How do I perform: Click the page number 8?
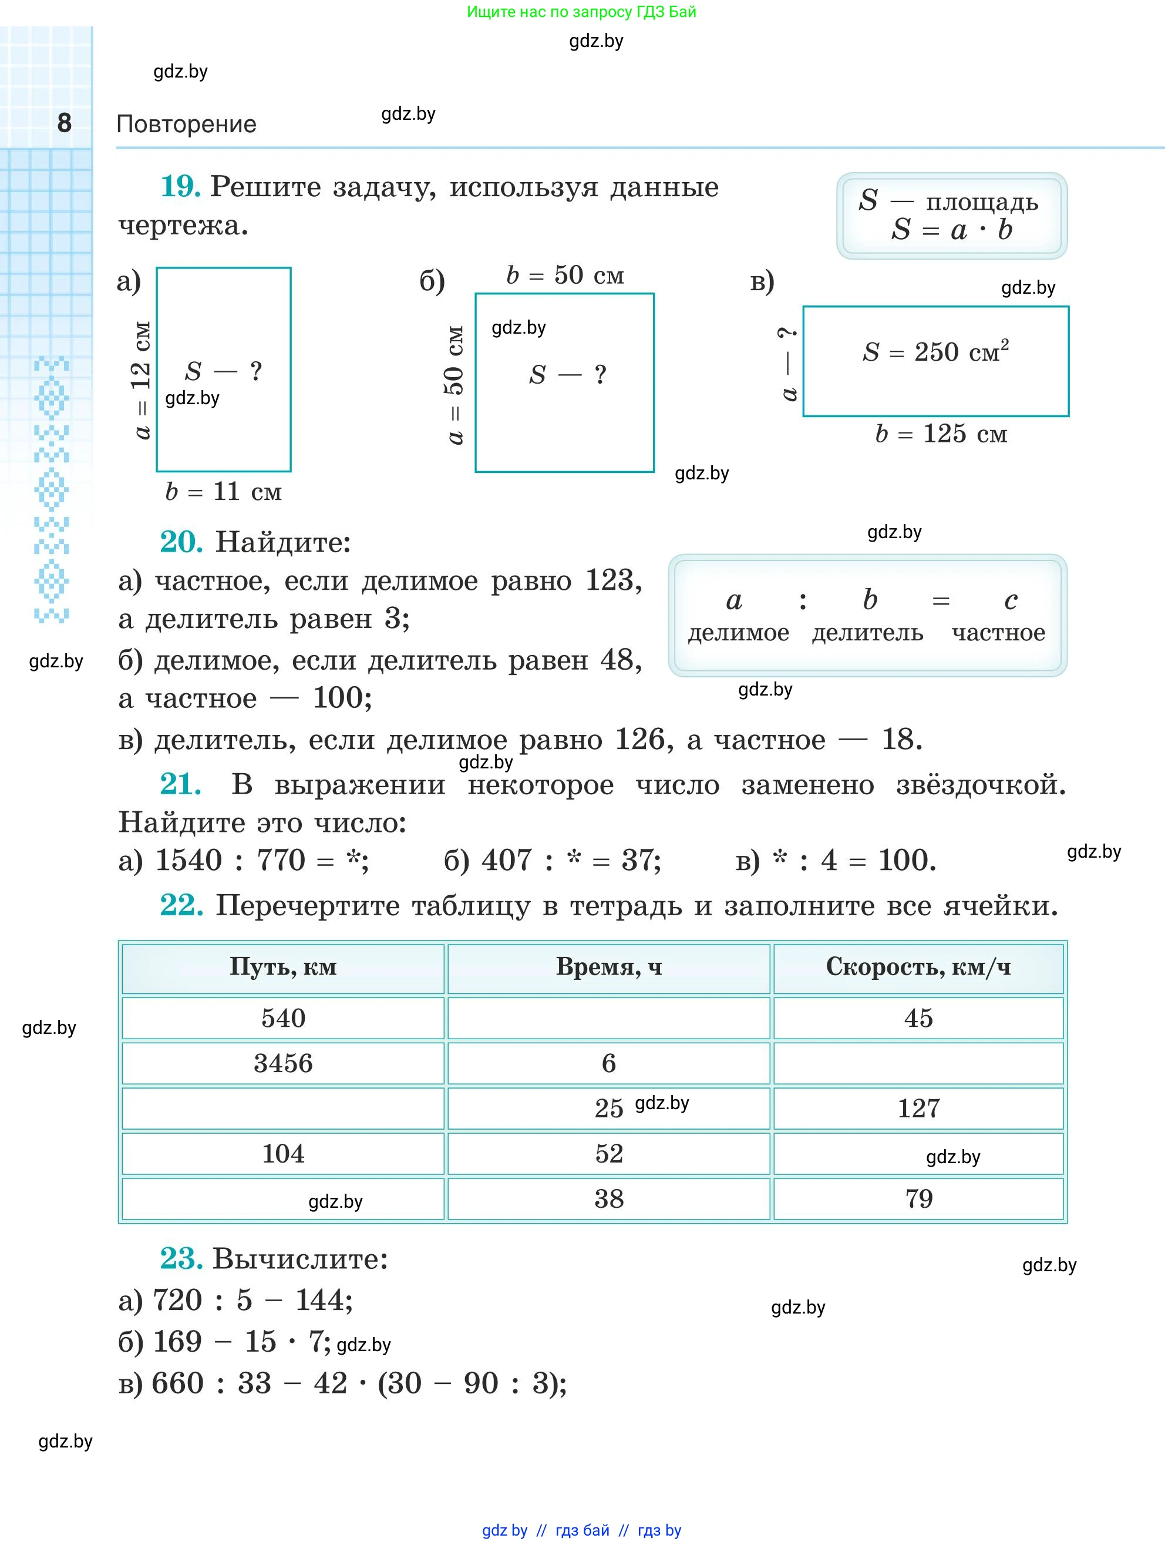64,123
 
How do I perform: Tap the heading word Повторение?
186,125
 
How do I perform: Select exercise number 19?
180,186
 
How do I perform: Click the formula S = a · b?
951,230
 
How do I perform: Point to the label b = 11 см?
223,492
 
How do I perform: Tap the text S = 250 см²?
935,351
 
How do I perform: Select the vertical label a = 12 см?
142,380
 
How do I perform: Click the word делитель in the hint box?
868,633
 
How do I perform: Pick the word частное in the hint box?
998,633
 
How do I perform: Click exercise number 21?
180,784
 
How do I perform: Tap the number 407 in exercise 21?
507,861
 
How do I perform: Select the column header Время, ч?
609,968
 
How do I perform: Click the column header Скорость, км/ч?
918,968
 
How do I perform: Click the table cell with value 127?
918,1109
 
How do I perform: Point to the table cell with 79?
918,1198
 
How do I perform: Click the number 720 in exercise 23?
177,1301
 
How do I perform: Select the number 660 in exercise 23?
177,1383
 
